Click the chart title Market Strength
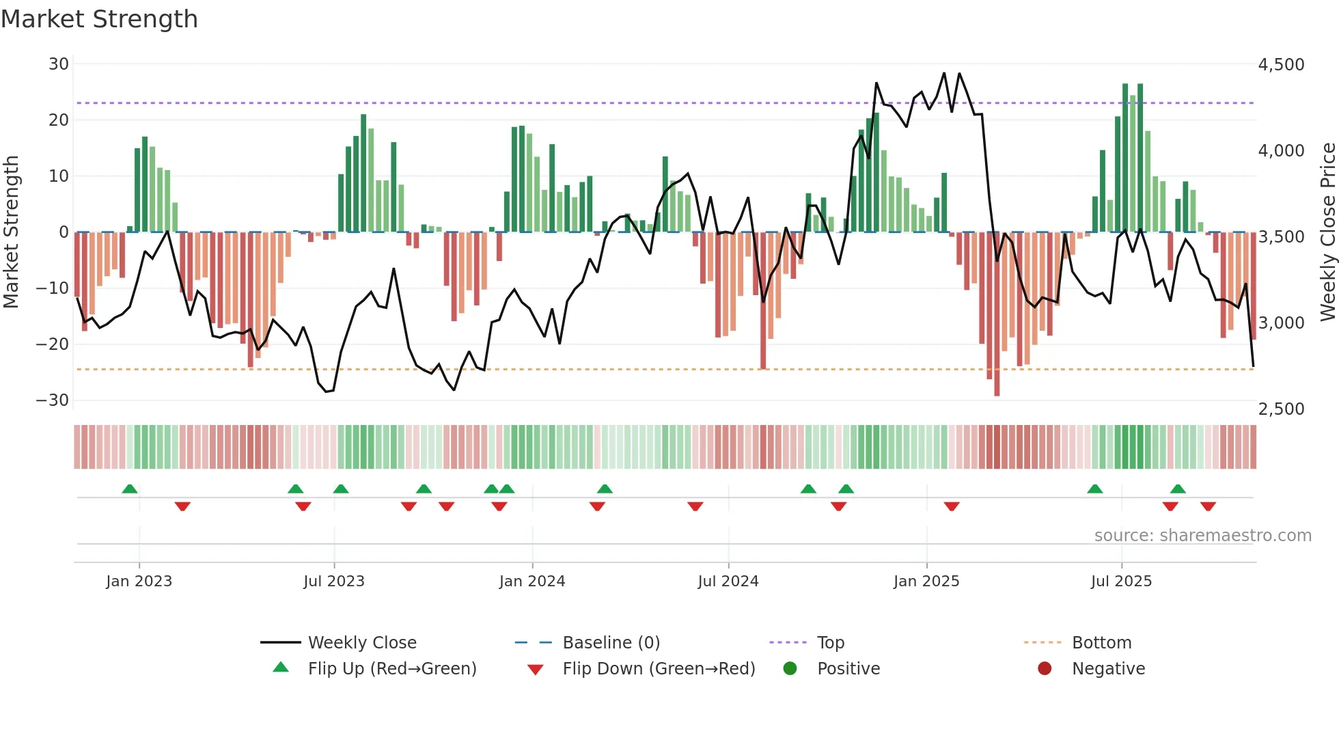pos(99,19)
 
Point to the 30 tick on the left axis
pos(59,64)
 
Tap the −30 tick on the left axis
pos(53,400)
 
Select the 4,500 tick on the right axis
pos(1281,65)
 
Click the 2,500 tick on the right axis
pos(1281,409)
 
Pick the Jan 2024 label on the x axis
pos(532,581)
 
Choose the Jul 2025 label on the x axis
pos(1121,581)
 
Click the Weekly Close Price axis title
pos(1327,232)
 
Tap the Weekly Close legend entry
pos(361,643)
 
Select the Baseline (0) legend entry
pos(611,643)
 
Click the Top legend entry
pos(831,643)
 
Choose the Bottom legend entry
pos(1101,643)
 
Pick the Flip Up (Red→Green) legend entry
pos(391,669)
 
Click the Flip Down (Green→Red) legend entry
pos(659,669)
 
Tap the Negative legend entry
pos(1108,669)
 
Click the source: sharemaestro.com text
pos(1202,536)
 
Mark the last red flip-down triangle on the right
pos(1208,506)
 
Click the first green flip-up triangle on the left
pos(130,489)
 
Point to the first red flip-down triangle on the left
pos(182,506)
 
